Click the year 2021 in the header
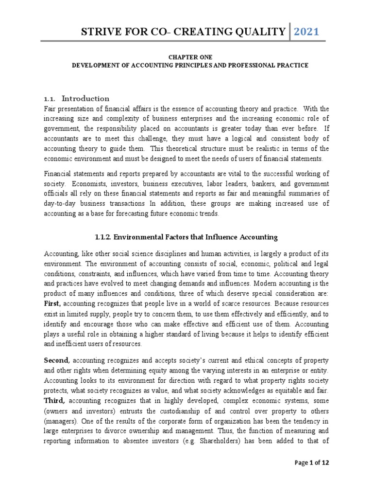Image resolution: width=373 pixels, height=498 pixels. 306,32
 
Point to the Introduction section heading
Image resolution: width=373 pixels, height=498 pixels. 85,98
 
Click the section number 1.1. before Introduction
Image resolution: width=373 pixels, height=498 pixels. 51,98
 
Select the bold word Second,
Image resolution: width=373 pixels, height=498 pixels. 57,360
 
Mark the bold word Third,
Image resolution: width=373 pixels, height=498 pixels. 55,400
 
